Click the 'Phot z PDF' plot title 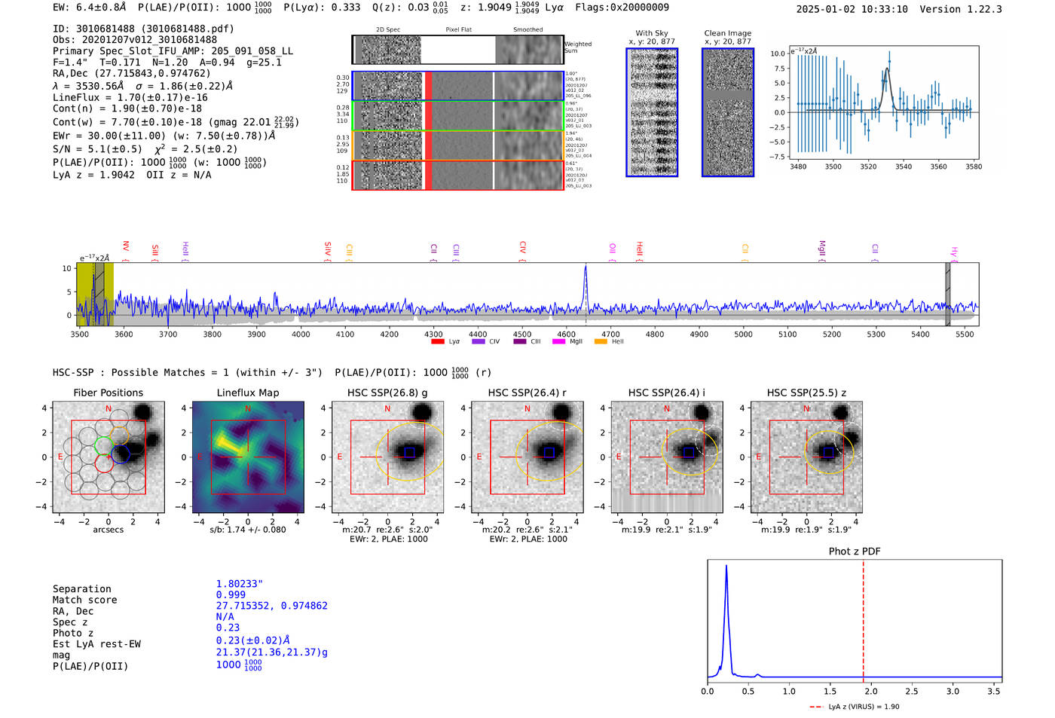[854, 551]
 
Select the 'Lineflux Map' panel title [247, 393]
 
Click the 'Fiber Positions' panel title [108, 393]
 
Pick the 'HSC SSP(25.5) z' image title [806, 393]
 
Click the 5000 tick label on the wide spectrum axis [743, 335]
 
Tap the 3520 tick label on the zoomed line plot [868, 167]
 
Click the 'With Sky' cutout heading [652, 33]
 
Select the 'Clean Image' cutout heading [727, 33]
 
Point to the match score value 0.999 [231, 595]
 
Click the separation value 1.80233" [240, 584]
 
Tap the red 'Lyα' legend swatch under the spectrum [437, 341]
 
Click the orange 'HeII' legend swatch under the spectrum [601, 341]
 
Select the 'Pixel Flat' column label [458, 29]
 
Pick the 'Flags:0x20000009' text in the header [621, 8]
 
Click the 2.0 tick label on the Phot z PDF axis [870, 691]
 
